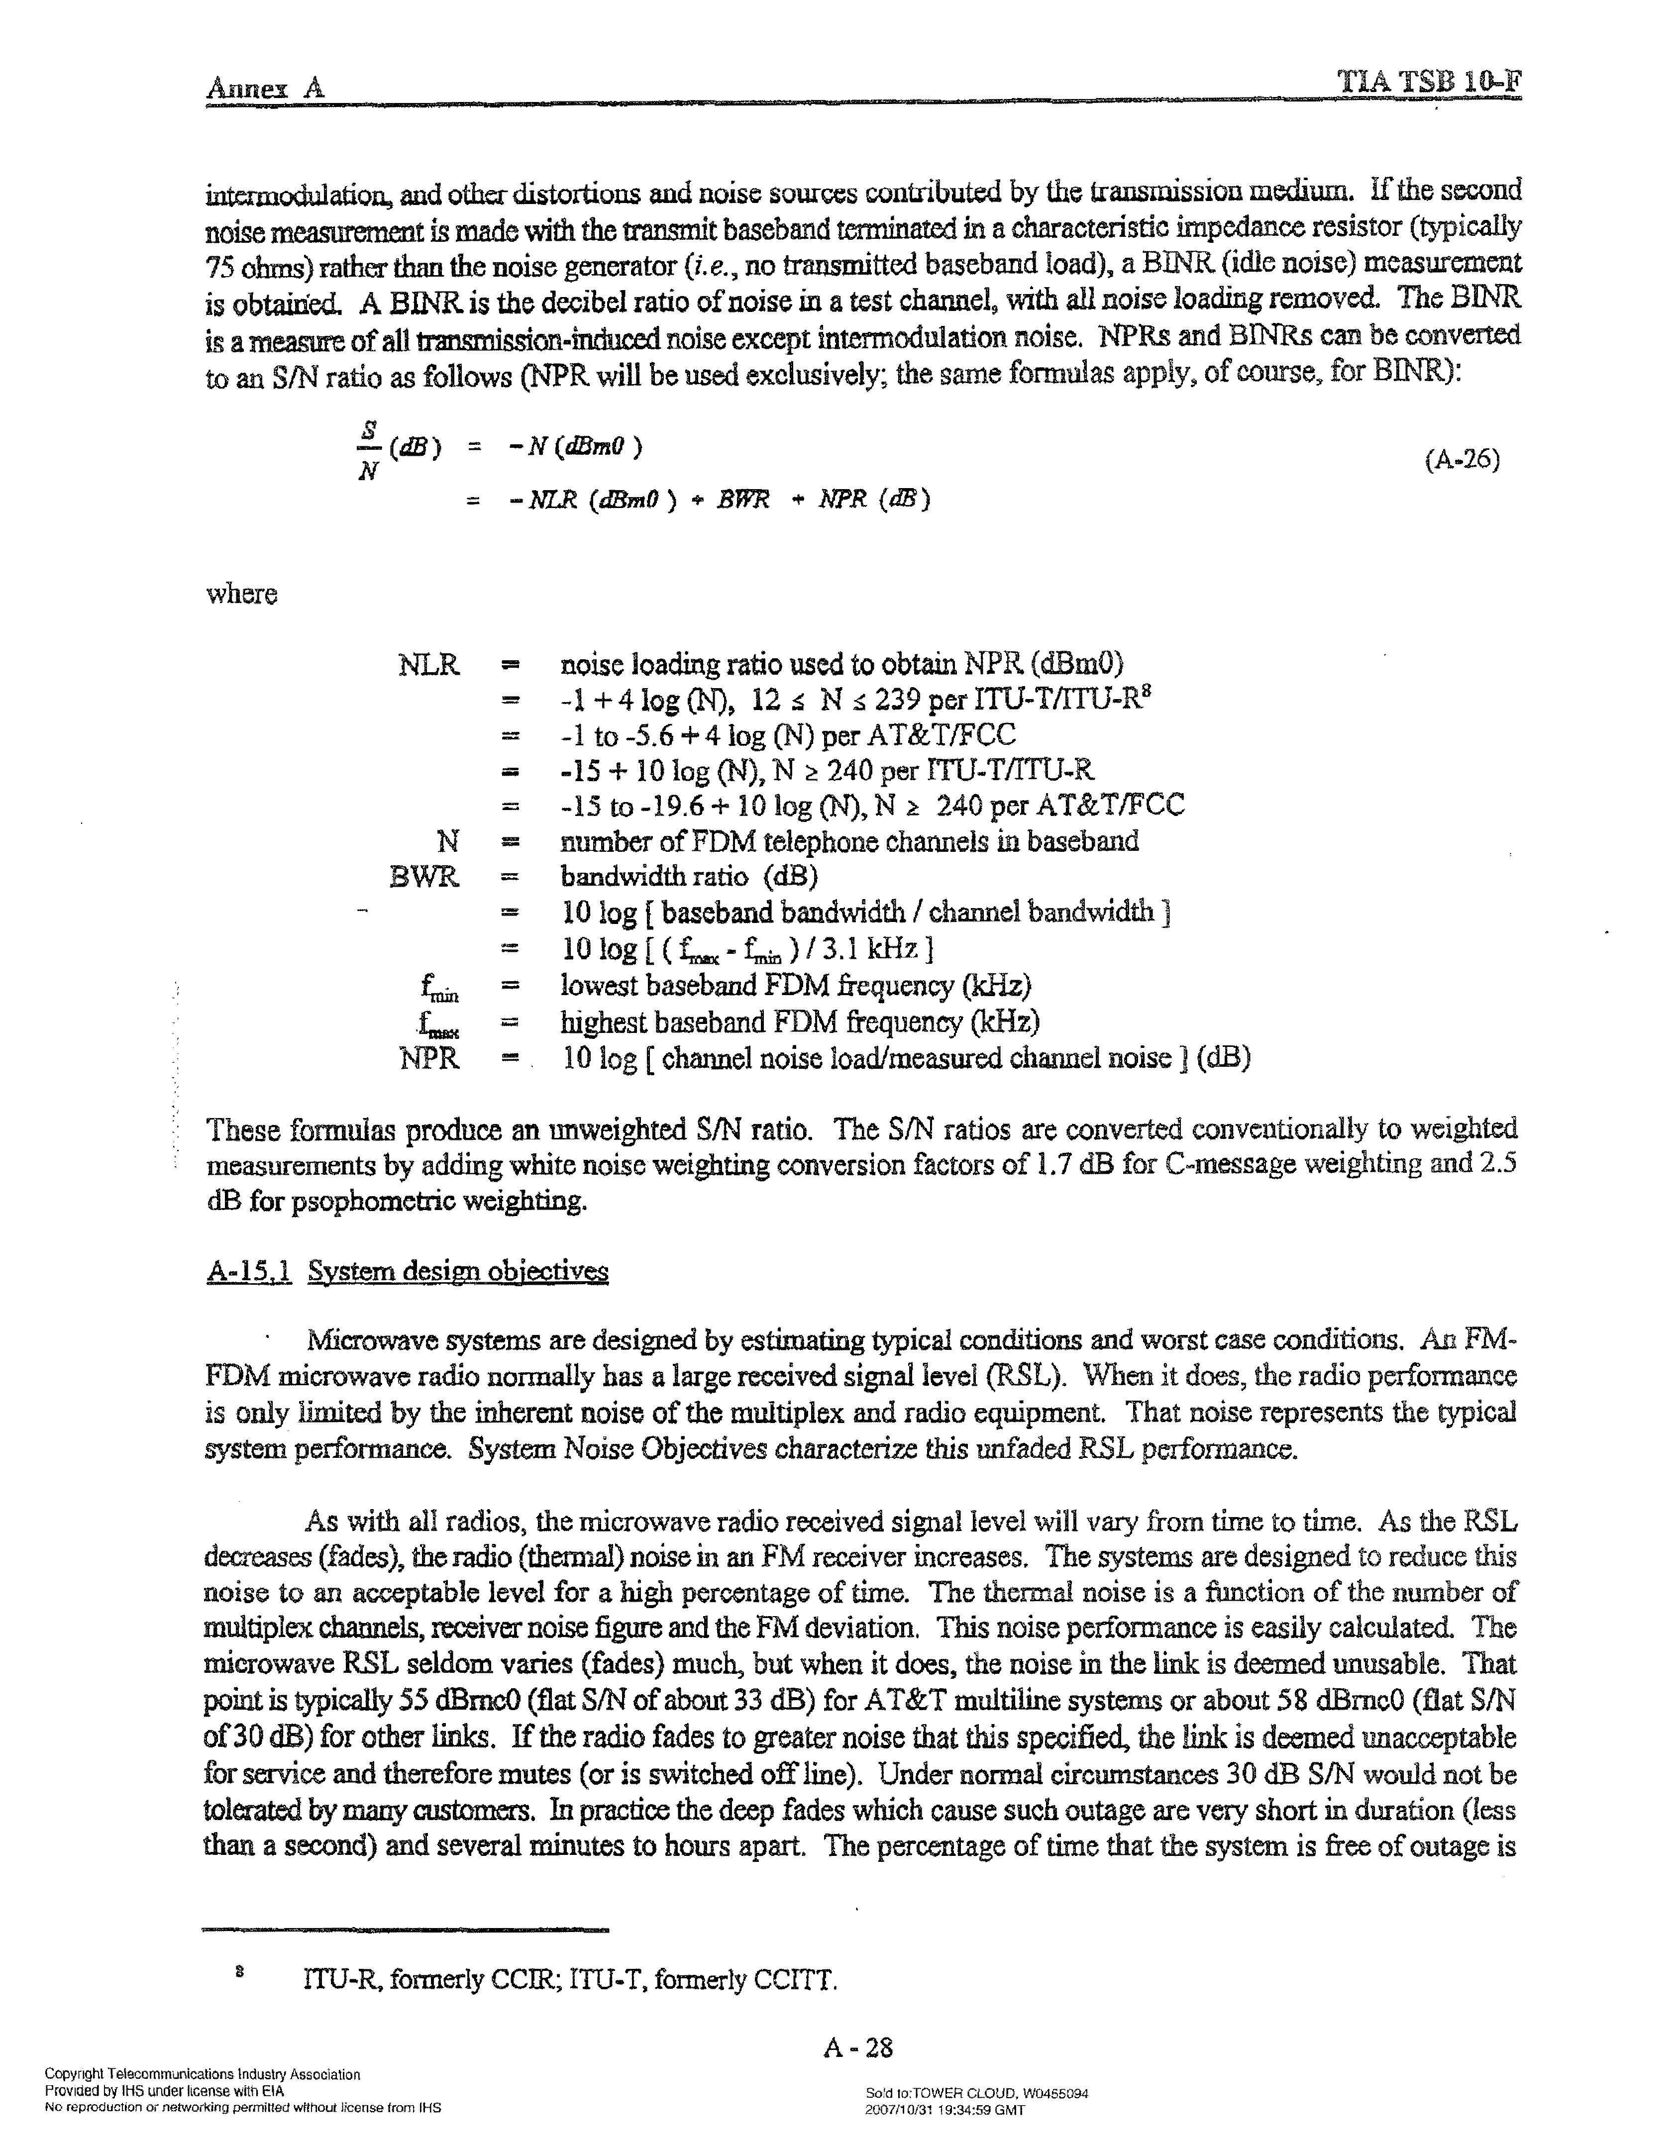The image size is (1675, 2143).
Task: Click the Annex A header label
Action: [265, 88]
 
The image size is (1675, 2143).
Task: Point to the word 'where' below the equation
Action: [241, 595]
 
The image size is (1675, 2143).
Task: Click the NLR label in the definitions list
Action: [429, 665]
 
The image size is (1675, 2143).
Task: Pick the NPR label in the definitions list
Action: [429, 1059]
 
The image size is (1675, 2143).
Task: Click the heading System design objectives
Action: [458, 1273]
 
